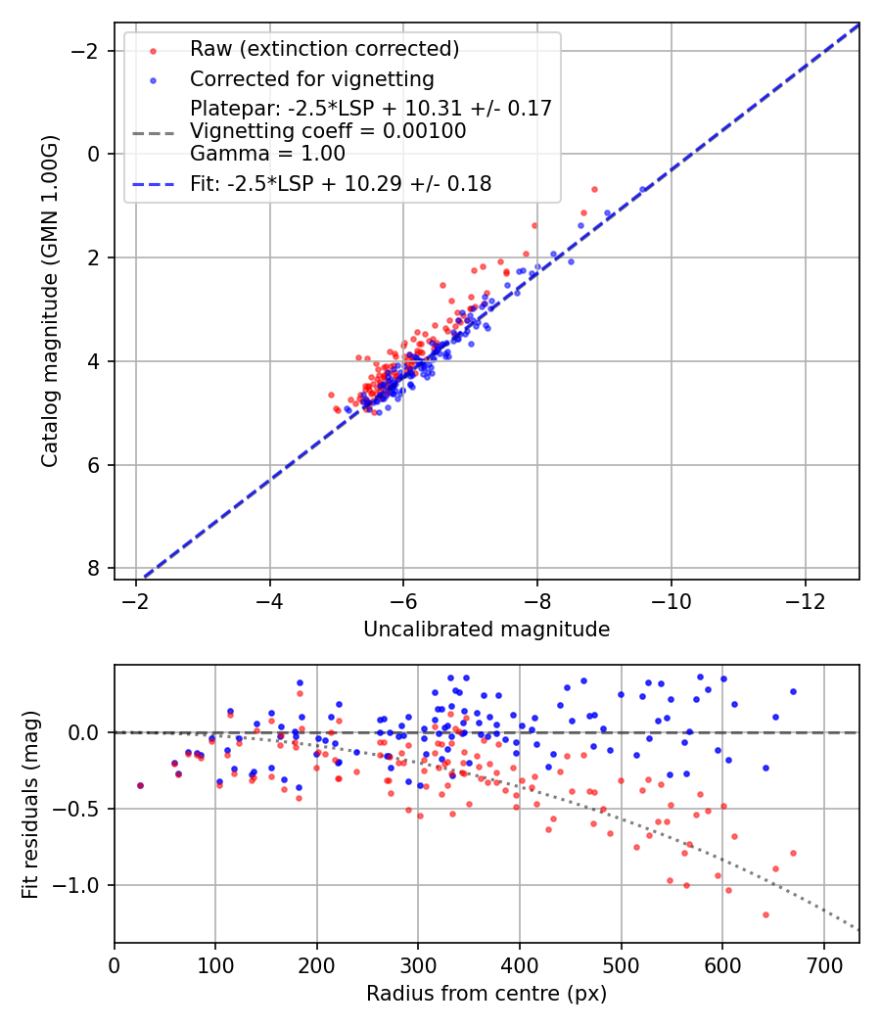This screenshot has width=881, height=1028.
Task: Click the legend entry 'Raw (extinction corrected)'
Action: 324,49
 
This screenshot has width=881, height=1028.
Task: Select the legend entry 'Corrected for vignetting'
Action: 311,78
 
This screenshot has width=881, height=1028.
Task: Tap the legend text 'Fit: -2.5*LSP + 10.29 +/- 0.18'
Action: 341,183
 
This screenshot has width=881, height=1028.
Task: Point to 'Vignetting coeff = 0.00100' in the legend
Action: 328,131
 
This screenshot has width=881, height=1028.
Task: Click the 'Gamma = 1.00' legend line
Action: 267,154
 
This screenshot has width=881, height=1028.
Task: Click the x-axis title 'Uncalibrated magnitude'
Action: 487,630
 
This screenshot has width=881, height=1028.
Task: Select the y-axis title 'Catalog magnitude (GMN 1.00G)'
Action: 50,302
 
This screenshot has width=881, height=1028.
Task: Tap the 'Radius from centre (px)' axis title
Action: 487,995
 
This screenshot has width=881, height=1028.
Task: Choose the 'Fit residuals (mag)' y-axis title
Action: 30,804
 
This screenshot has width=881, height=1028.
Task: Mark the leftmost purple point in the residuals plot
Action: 140,785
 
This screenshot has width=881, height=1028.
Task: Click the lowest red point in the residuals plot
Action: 765,914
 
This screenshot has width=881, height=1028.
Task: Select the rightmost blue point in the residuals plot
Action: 793,691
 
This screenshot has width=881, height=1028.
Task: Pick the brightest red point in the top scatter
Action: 594,189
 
